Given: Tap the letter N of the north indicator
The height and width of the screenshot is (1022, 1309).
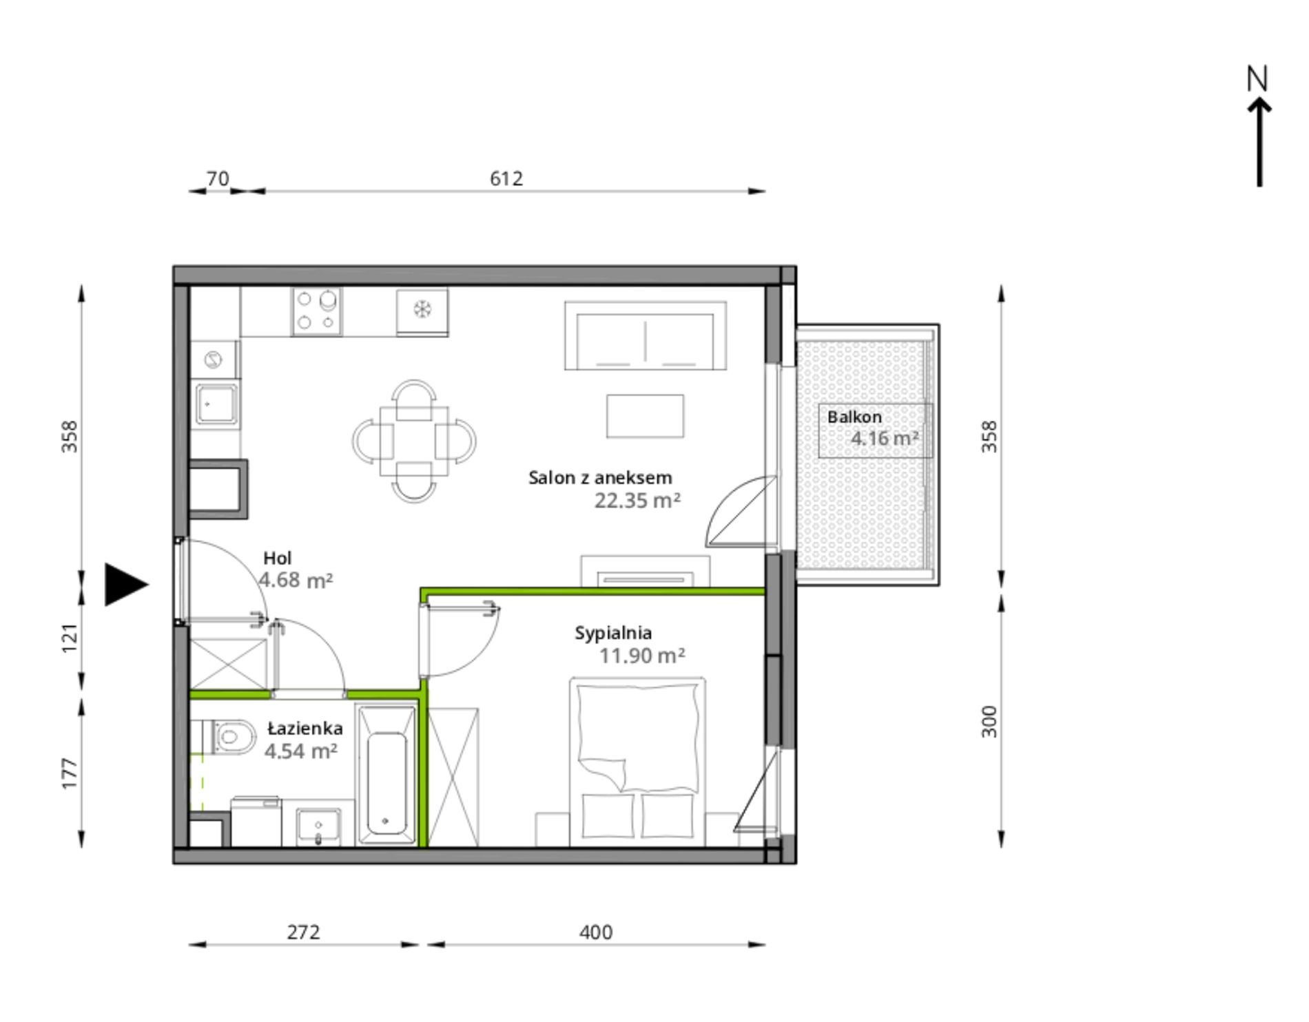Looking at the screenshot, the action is [x=1257, y=79].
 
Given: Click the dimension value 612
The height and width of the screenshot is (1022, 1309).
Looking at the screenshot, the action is [x=506, y=178].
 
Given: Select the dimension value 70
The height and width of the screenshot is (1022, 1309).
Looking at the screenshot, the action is [x=218, y=178].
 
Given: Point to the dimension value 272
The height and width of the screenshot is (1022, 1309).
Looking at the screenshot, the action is [x=304, y=932].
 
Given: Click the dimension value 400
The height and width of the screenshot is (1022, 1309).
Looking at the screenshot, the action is [x=596, y=932].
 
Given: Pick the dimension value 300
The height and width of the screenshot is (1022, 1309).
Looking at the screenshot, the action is [x=989, y=721].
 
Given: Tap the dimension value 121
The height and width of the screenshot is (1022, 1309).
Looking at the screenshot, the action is [x=70, y=638].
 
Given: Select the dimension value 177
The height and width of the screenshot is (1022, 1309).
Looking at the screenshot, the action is [x=70, y=773].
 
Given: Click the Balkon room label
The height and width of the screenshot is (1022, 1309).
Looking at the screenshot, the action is [x=854, y=417].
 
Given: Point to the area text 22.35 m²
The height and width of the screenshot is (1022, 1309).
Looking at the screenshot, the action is [x=637, y=500].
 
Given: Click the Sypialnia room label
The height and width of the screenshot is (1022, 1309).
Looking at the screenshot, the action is [x=613, y=633].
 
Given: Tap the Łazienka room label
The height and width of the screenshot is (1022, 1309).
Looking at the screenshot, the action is [x=305, y=728].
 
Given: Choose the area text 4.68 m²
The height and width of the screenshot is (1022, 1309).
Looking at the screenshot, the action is [x=296, y=580].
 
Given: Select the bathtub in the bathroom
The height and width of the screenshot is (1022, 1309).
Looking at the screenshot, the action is [x=386, y=773].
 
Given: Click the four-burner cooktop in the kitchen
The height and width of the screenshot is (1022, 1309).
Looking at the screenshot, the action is [x=317, y=312].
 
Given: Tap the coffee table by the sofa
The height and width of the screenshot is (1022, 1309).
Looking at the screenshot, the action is [x=645, y=416].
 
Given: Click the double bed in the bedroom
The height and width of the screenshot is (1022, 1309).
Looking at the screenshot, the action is [x=637, y=762].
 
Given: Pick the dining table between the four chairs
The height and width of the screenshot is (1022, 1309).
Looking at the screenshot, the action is [x=413, y=441].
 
